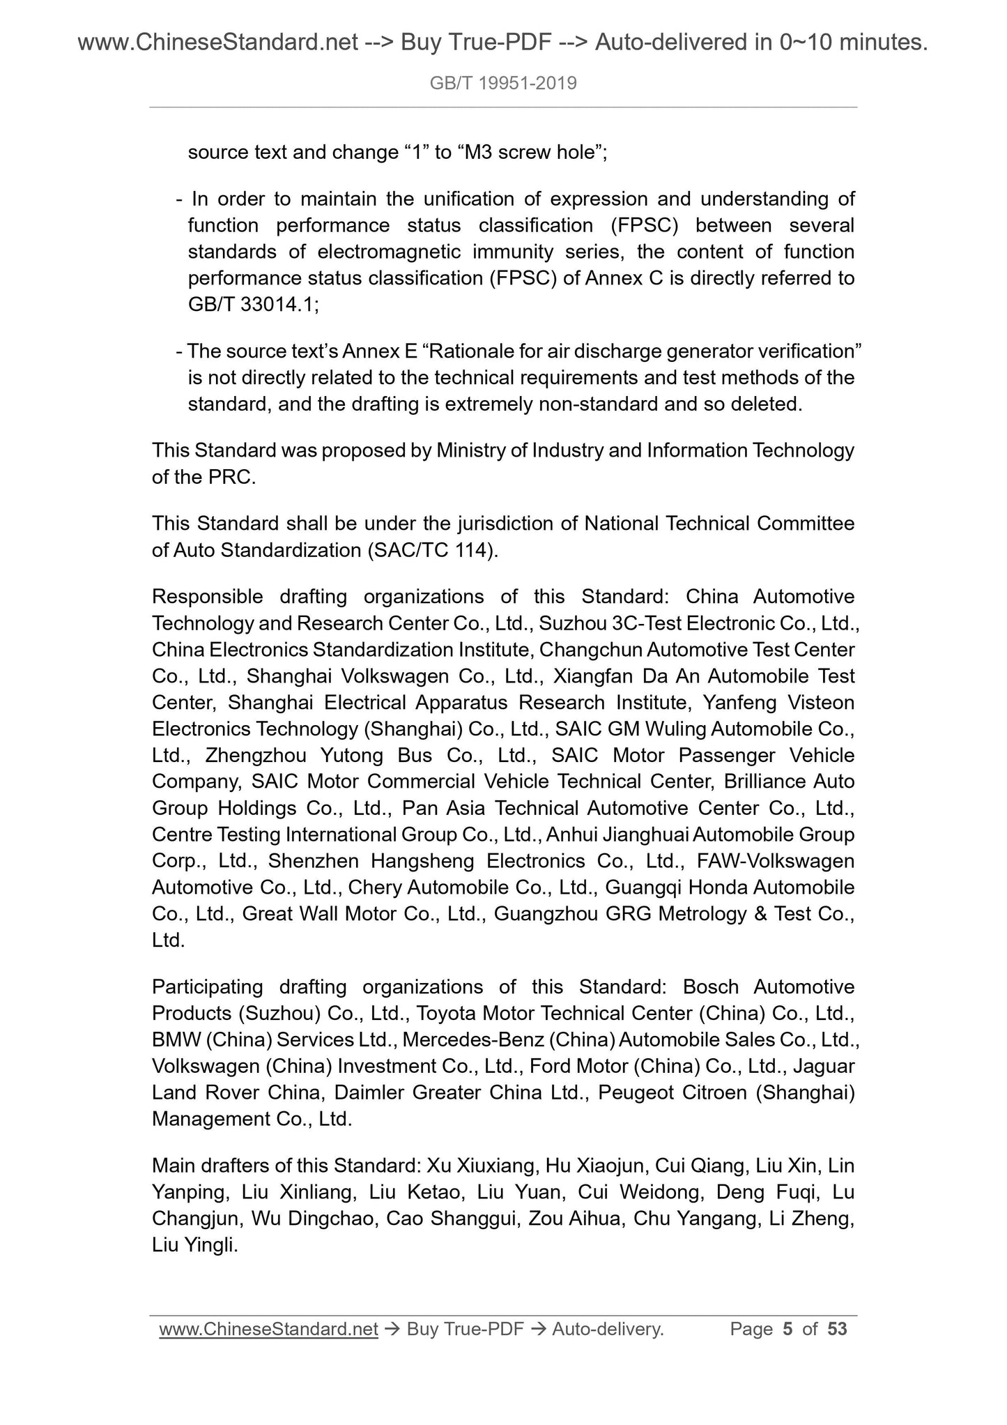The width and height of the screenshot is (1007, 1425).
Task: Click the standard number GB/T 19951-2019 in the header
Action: [503, 84]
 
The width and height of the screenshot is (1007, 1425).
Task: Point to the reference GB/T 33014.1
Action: [252, 305]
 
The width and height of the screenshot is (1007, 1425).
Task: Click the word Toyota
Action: [446, 1013]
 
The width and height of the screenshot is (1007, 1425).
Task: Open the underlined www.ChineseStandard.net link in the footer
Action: [268, 1329]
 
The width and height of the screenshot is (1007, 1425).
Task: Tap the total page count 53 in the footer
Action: [837, 1329]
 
